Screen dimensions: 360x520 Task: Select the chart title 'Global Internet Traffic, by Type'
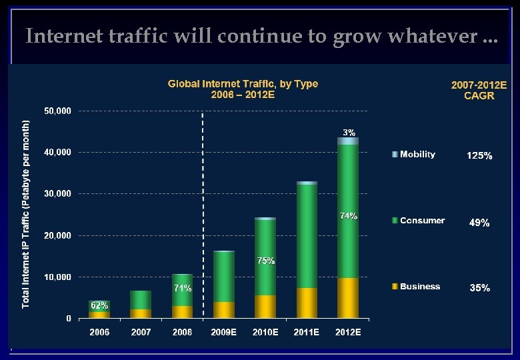243,84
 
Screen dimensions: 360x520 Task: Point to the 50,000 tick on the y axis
58,111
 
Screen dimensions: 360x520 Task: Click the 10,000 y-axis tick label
58,277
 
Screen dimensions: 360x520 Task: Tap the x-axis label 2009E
223,332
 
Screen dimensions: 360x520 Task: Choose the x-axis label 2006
99,332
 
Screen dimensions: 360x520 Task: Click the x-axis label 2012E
347,332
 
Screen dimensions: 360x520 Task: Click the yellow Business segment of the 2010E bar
265,307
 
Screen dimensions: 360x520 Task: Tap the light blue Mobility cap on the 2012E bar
347,141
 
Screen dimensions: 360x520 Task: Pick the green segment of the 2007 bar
141,300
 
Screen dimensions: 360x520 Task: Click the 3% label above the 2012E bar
349,132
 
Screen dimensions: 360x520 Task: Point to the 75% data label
266,261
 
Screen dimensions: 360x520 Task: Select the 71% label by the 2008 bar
183,289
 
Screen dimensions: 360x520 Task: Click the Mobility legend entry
417,155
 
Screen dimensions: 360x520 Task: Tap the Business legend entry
419,287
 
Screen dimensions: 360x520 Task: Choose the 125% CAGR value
479,156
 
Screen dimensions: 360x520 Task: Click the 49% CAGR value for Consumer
479,223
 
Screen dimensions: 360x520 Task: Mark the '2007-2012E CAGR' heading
479,91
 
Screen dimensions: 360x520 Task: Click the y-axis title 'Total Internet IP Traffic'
26,213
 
